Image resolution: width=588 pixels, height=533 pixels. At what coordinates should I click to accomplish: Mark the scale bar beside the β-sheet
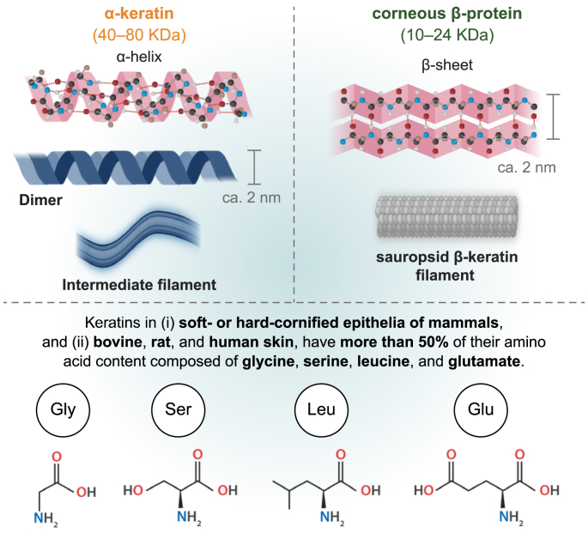tap(557, 116)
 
